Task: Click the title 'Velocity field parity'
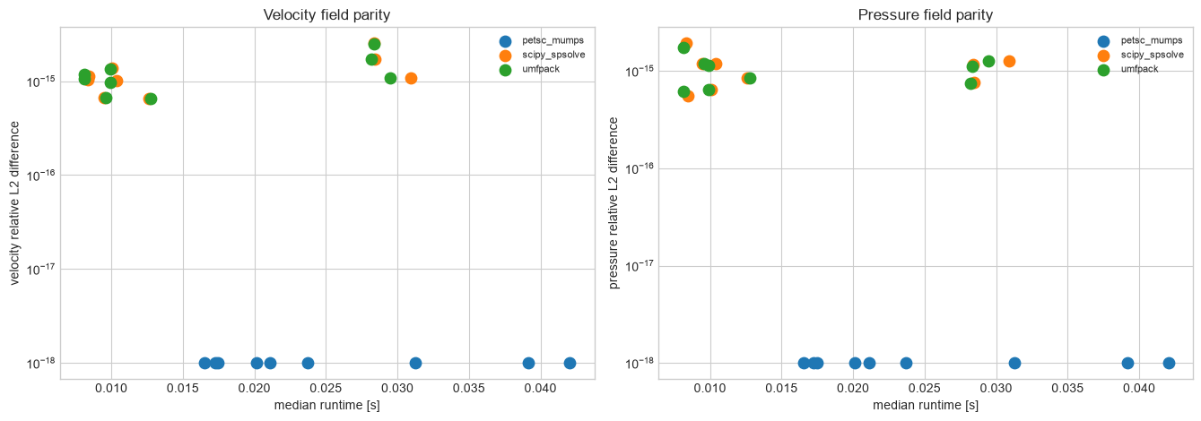pos(326,15)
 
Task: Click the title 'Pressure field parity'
pos(926,15)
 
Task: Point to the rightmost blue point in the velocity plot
pos(570,363)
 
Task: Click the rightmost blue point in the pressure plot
pos(1169,363)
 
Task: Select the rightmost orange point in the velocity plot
pos(411,78)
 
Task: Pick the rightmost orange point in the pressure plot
pos(1010,62)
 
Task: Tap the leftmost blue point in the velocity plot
pos(205,363)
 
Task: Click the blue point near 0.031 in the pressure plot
pos(1014,363)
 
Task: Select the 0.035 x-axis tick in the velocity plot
pos(469,389)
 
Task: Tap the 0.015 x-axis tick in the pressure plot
pos(781,389)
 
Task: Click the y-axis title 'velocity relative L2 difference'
pos(14,203)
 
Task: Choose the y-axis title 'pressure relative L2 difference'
pos(614,203)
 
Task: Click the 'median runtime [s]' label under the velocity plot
pos(327,406)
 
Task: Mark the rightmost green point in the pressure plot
pos(988,62)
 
